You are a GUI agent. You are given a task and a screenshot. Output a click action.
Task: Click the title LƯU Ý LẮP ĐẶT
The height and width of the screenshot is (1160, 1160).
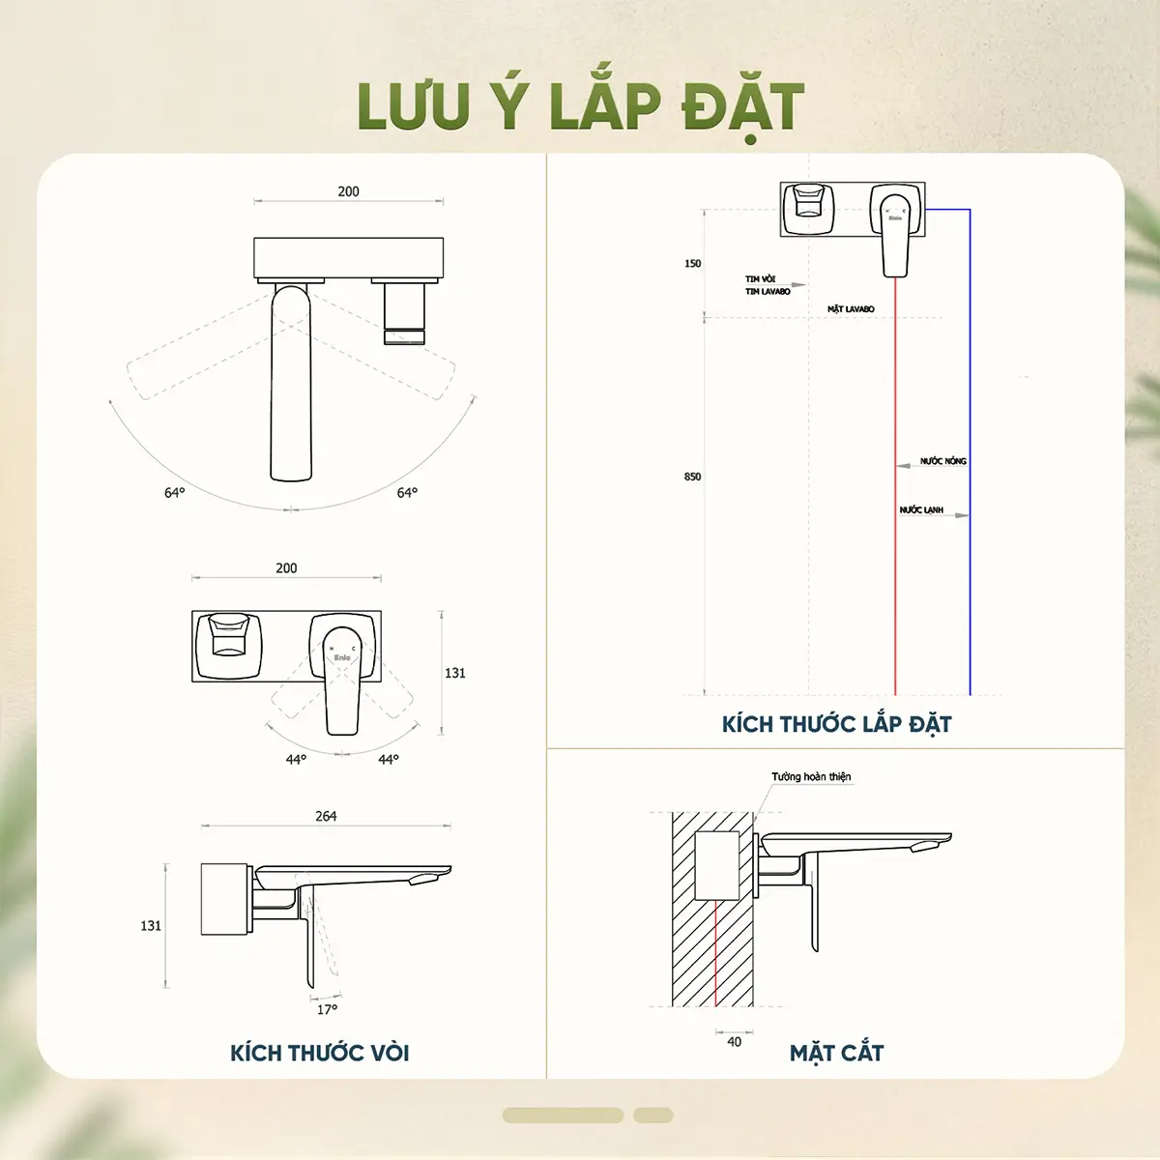580,106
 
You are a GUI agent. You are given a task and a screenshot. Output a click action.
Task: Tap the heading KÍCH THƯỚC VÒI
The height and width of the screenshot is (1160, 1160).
319,1053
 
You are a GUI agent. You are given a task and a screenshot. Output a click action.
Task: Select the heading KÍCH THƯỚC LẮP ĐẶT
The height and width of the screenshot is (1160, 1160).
836,724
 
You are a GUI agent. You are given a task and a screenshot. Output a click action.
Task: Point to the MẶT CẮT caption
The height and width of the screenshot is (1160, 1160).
836,1053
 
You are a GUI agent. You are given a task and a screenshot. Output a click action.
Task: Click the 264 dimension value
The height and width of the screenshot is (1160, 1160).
326,816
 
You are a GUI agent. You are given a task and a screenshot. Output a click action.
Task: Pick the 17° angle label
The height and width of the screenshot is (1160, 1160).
328,1009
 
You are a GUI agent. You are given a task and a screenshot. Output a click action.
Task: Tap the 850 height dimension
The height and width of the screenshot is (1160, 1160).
692,477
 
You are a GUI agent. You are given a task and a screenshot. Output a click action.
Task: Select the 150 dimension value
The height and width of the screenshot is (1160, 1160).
692,263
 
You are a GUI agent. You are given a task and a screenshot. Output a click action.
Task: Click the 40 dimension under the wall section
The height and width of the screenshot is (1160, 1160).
734,1042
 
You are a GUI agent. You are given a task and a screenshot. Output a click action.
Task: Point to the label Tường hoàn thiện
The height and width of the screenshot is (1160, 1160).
811,776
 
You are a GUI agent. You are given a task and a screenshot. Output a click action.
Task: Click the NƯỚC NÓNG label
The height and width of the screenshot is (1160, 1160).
942,461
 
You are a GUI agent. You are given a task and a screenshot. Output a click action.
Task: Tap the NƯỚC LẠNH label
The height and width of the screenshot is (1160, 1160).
921,509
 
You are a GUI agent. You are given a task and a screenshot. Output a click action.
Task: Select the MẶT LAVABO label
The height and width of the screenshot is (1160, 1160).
851,309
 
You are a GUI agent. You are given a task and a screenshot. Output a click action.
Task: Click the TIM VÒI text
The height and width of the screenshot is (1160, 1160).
760,279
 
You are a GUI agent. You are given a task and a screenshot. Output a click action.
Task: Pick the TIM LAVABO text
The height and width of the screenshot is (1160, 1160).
768,291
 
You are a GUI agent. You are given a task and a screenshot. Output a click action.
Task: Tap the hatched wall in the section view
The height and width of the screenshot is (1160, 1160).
684,957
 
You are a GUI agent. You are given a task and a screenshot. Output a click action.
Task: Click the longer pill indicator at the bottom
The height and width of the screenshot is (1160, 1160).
563,1116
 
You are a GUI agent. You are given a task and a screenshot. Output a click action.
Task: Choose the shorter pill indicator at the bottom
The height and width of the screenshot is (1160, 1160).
652,1116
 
